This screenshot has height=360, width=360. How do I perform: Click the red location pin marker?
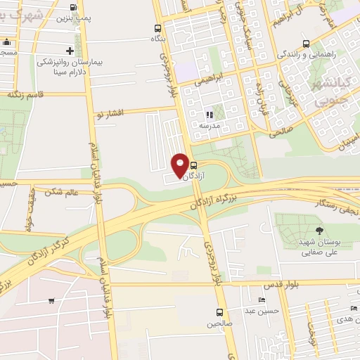tap(180, 165)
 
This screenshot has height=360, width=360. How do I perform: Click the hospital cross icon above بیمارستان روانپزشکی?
tap(70, 51)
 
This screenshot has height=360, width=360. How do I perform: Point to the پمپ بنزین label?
tap(74, 15)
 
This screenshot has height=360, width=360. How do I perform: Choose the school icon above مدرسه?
tap(209, 115)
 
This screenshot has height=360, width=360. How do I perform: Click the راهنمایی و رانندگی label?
tap(305, 53)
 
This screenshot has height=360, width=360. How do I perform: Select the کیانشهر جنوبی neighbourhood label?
tap(330, 94)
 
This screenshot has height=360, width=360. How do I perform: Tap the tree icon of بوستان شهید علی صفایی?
tap(319, 231)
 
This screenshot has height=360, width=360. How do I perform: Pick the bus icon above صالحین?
tap(219, 313)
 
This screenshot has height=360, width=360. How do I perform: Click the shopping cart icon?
tap(51, 301)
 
